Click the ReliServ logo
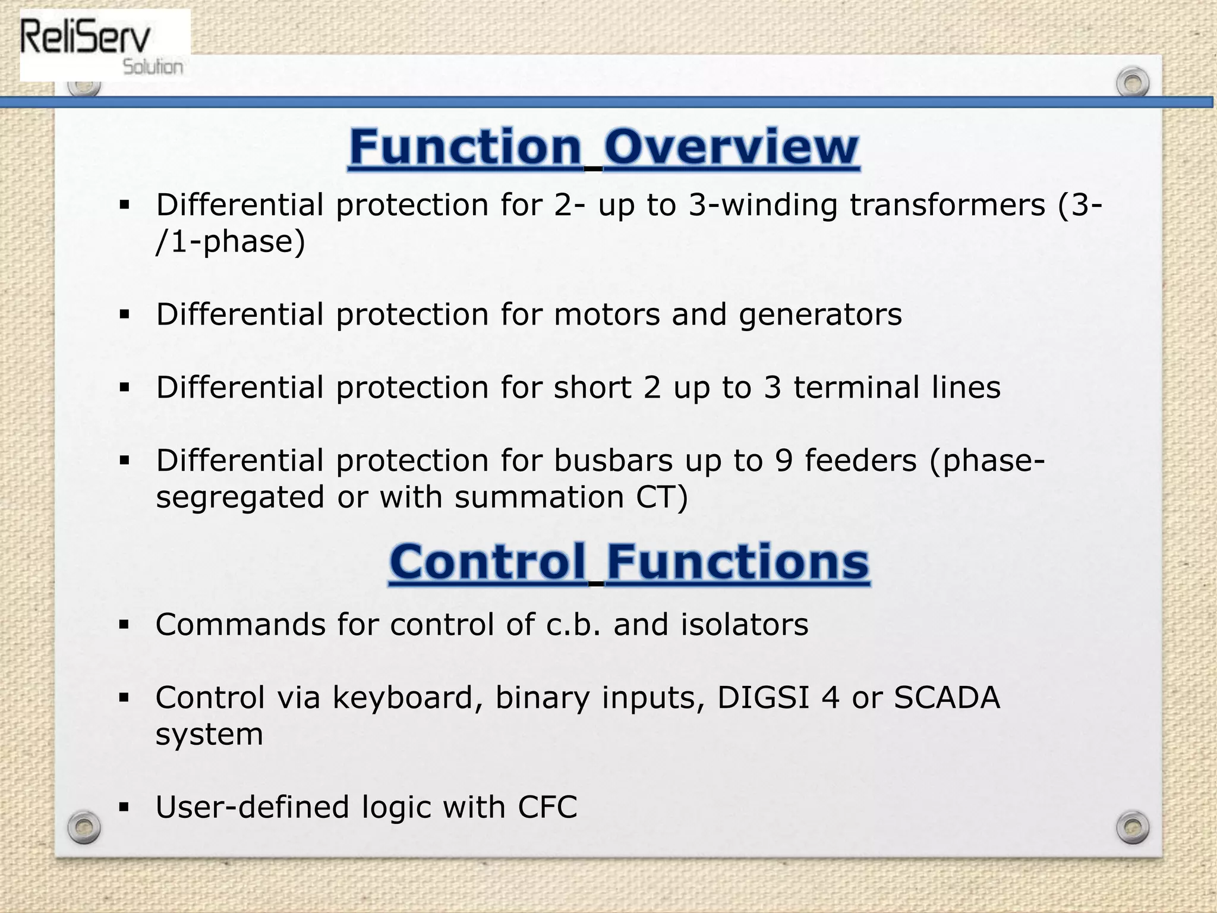coord(104,46)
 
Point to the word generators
coord(820,314)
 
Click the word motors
coord(607,314)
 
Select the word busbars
coord(613,461)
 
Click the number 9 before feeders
coord(784,461)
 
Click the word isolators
coord(744,625)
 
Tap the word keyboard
coord(408,698)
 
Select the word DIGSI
coord(764,698)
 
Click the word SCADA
coord(947,698)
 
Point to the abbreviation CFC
coord(547,807)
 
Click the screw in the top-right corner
coord(1132,83)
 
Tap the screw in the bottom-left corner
coord(84,827)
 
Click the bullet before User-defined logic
coord(124,807)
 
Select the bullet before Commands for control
coord(124,625)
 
